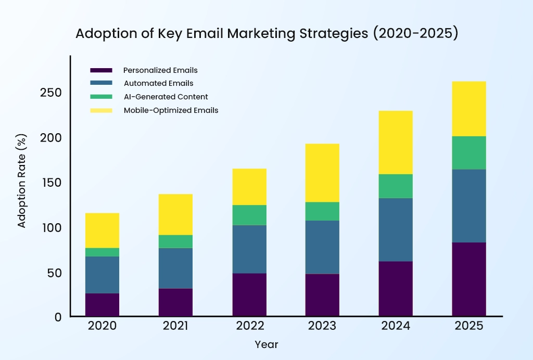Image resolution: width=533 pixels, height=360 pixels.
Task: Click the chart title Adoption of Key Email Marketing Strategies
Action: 266,33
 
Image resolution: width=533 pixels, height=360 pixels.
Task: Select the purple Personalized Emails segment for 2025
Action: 468,279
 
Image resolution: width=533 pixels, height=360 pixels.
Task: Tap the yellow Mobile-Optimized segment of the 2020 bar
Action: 102,230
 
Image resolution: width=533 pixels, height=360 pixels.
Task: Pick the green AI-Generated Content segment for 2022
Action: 249,215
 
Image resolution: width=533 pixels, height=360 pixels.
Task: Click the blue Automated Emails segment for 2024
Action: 396,229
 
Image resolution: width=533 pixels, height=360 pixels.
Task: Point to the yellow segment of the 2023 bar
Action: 322,173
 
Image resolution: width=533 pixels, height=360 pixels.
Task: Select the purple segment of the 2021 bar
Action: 175,302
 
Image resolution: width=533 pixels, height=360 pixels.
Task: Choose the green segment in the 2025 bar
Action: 468,153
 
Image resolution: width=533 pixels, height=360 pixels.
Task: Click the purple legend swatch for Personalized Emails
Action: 101,70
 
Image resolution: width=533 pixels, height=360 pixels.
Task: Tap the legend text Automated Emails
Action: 158,83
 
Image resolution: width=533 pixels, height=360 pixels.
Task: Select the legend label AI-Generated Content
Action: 166,97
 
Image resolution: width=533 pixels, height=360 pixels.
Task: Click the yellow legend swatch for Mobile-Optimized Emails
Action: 101,110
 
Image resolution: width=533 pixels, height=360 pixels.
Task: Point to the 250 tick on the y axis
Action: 51,93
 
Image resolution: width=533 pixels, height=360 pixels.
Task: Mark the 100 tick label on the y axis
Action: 51,227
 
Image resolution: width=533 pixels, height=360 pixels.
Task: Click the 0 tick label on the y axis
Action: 58,317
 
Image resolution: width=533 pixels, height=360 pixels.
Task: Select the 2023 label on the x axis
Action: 322,326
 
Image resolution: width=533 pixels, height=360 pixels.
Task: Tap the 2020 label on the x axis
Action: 102,326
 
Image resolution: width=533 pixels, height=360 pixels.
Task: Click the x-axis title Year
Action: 266,344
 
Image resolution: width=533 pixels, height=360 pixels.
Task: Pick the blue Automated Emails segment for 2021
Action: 175,268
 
